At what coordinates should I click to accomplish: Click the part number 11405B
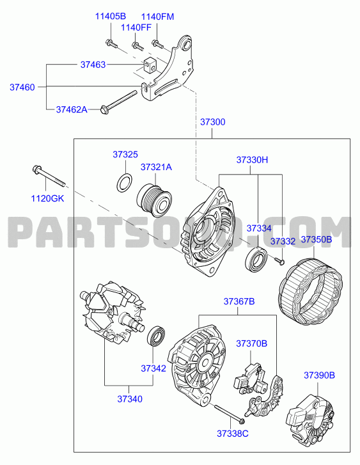coord(111,16)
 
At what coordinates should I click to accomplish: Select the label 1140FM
coord(157,17)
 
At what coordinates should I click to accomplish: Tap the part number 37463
coord(93,65)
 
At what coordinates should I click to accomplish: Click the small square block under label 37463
coord(150,65)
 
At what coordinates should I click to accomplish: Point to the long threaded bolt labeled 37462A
coord(119,102)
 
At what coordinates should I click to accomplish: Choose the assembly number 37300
coord(213,122)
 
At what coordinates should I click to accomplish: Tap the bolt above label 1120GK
coord(49,176)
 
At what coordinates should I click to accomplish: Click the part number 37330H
coord(252,160)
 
